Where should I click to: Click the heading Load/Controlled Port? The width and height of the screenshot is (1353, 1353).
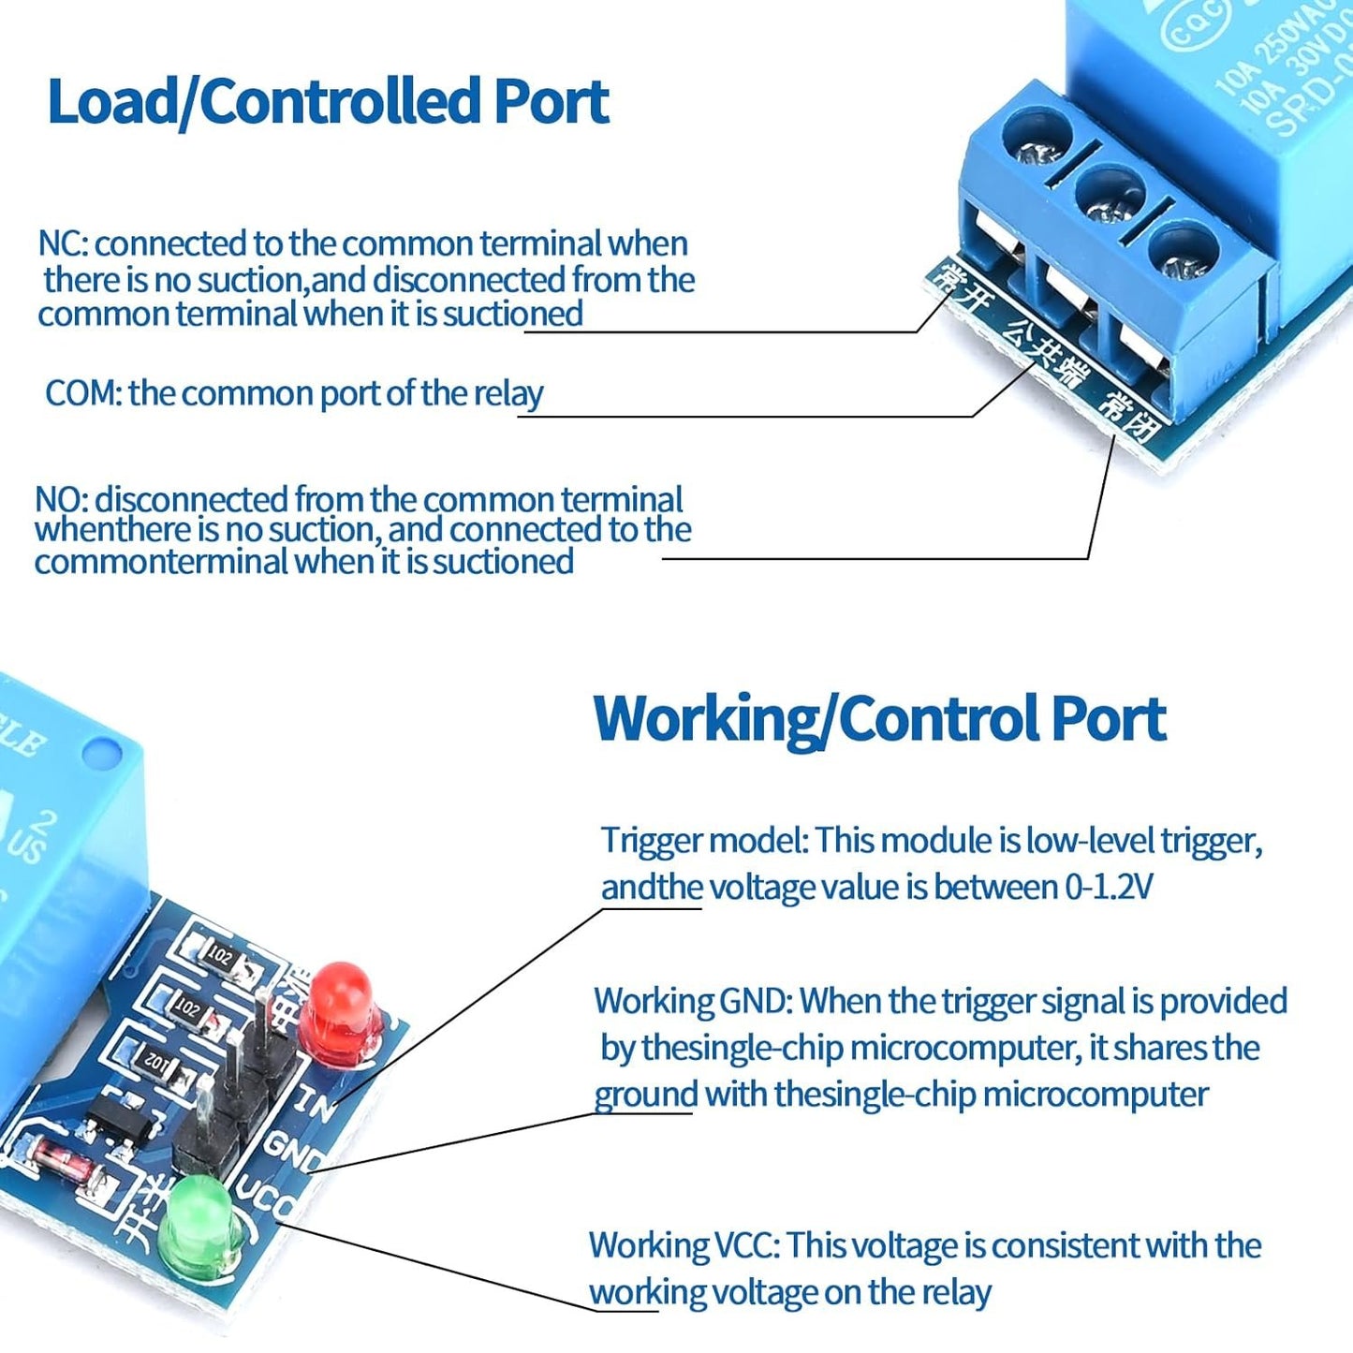pos(328,101)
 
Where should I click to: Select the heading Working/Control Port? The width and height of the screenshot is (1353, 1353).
pos(879,719)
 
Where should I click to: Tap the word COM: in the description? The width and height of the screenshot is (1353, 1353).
pos(83,393)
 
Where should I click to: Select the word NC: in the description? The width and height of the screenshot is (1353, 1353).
pos(63,243)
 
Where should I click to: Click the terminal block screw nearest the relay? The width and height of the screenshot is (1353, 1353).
pos(1184,253)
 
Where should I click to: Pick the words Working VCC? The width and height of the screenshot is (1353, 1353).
pos(684,1245)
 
